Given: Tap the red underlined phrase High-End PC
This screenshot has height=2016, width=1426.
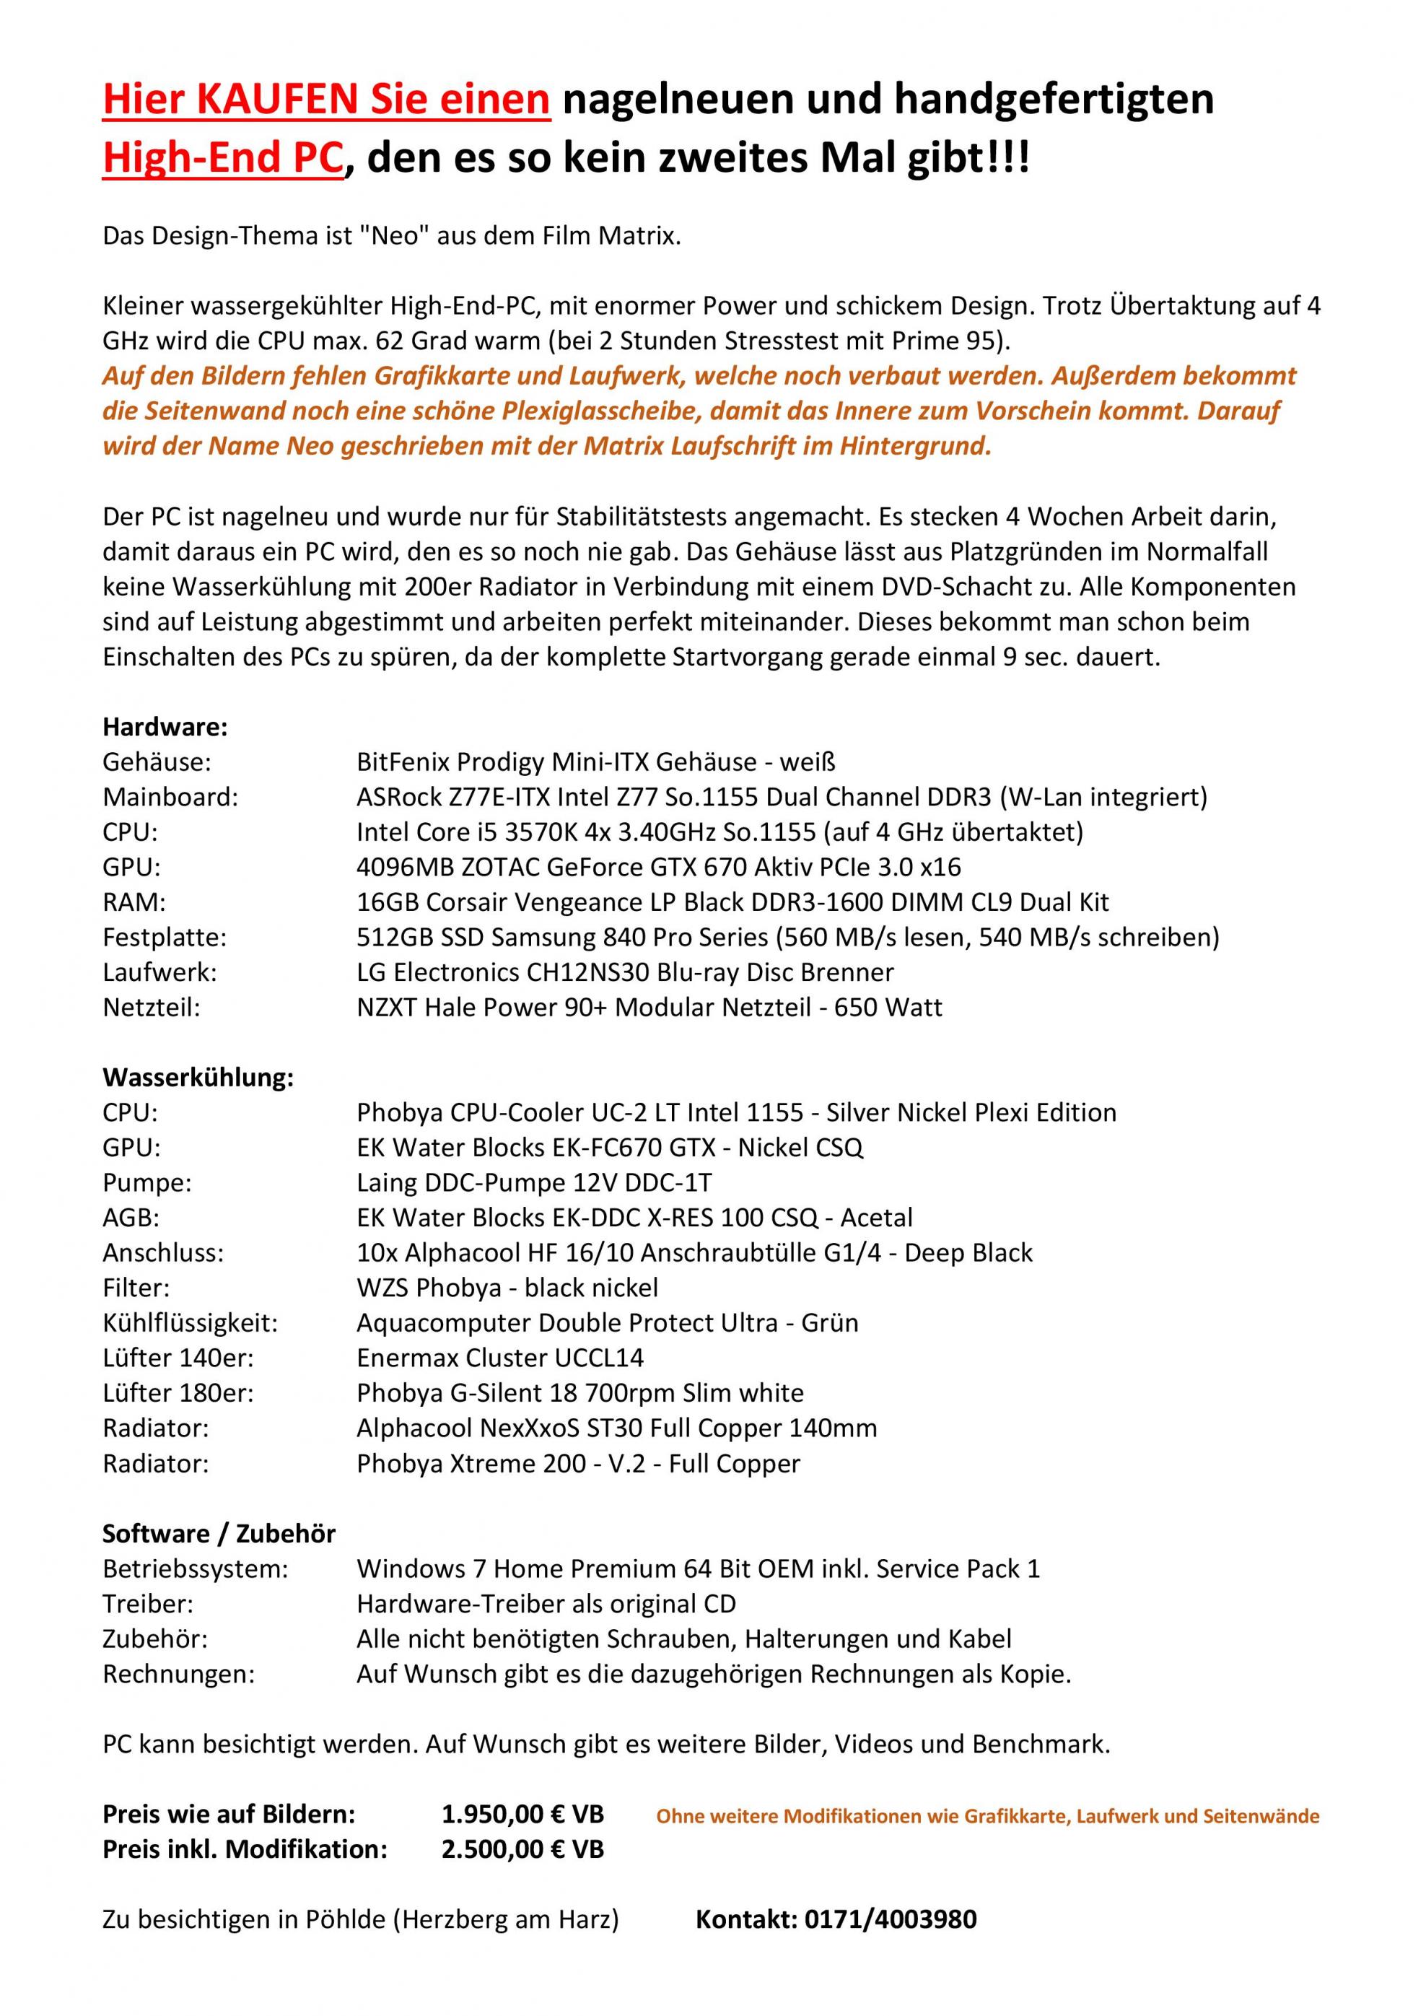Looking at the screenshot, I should (x=222, y=159).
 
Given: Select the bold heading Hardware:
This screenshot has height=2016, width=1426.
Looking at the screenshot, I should (x=165, y=727).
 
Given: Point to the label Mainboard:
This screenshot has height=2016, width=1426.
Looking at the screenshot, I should (x=170, y=798).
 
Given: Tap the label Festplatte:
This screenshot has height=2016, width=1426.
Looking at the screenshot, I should (x=165, y=938).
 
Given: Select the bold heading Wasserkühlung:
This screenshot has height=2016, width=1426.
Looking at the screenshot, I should (x=198, y=1078).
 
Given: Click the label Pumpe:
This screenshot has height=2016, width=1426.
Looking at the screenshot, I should (x=146, y=1183).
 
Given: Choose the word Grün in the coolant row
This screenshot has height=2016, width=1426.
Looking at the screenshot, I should (x=829, y=1323).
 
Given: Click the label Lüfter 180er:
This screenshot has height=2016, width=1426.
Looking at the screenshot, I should (x=178, y=1394).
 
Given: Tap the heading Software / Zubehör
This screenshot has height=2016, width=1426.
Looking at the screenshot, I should (x=219, y=1534).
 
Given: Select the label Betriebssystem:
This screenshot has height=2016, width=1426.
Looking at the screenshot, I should (x=195, y=1569).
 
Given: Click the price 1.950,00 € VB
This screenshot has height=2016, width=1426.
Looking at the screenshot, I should (x=522, y=1815).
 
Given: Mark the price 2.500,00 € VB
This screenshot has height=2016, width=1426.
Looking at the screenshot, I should (x=522, y=1850).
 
